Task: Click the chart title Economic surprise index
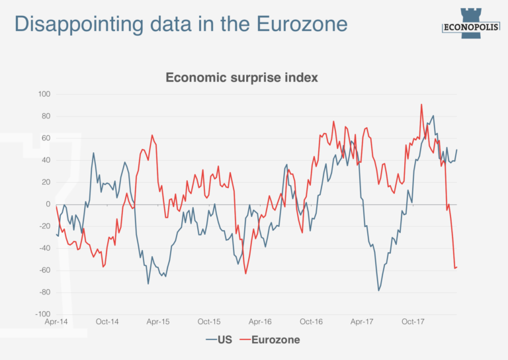(241, 77)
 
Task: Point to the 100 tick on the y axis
(44, 94)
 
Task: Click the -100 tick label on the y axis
(42, 314)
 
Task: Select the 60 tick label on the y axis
(46, 138)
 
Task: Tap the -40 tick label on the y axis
(44, 248)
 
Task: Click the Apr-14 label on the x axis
(56, 322)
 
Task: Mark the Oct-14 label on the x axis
(106, 322)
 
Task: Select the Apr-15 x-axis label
(157, 322)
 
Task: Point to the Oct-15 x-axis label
(208, 322)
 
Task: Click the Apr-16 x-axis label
(259, 322)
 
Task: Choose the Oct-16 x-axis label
(310, 322)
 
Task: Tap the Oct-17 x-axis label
(412, 322)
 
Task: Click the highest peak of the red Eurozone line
(421, 104)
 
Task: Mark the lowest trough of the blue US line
(379, 291)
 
